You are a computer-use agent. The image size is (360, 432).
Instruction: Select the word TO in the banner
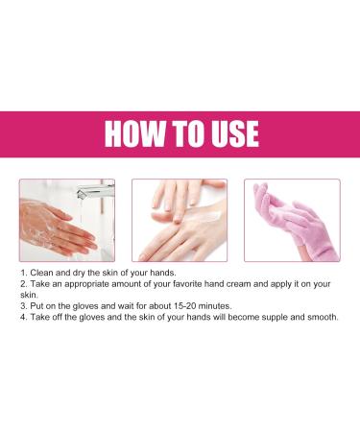pyautogui.click(x=180, y=133)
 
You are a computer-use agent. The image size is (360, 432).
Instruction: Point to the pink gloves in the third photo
pyautogui.click(x=289, y=222)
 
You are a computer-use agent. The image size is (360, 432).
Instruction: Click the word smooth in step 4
pyautogui.click(x=319, y=318)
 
